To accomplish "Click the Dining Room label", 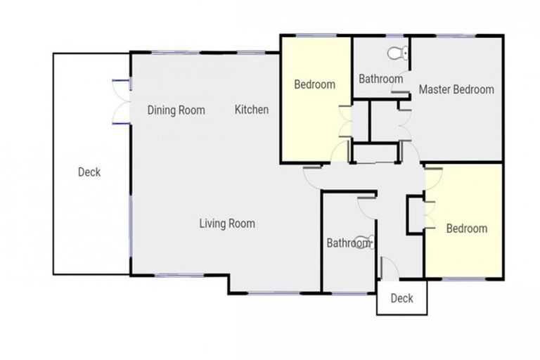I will click(176, 110).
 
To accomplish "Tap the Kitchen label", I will click(251, 110).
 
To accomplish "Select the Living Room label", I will click(226, 224).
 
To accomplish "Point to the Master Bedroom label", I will click(456, 89).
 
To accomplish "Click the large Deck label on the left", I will click(89, 172).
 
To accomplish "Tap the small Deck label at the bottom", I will click(401, 298).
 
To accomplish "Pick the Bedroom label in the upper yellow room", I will click(314, 84).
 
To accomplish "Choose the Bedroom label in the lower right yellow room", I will click(466, 229).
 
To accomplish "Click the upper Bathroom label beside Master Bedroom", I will click(380, 79).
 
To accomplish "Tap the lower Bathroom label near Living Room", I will click(347, 243).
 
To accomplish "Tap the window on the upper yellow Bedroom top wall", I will click(316, 35).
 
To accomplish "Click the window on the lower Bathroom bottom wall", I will click(348, 292).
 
